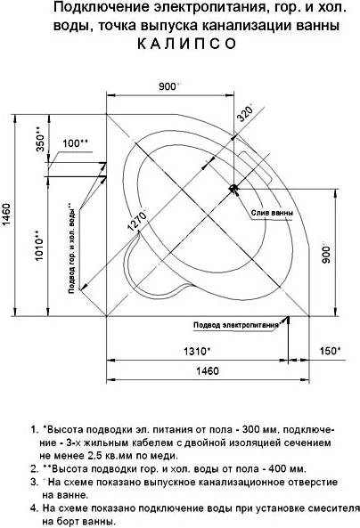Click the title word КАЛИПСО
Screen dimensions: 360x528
click(x=187, y=44)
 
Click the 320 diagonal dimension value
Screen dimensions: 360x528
click(x=245, y=113)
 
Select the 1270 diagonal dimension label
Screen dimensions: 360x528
click(x=137, y=220)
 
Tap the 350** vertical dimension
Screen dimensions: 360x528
click(x=40, y=138)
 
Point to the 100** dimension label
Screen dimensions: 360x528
click(x=76, y=143)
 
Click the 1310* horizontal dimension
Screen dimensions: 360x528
click(x=197, y=351)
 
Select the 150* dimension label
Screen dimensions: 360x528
click(x=331, y=351)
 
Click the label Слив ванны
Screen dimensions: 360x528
click(x=272, y=213)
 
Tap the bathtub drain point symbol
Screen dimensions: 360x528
click(x=233, y=189)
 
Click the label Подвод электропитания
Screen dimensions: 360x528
click(x=236, y=325)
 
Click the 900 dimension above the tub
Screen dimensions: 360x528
click(x=168, y=86)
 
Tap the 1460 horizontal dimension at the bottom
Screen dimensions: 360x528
click(x=208, y=370)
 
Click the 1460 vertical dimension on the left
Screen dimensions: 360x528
click(x=9, y=215)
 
